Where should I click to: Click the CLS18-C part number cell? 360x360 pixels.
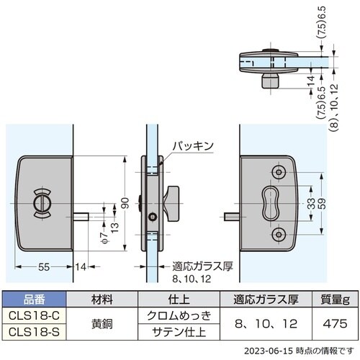click(x=35, y=315)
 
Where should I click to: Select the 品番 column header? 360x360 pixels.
click(x=35, y=299)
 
